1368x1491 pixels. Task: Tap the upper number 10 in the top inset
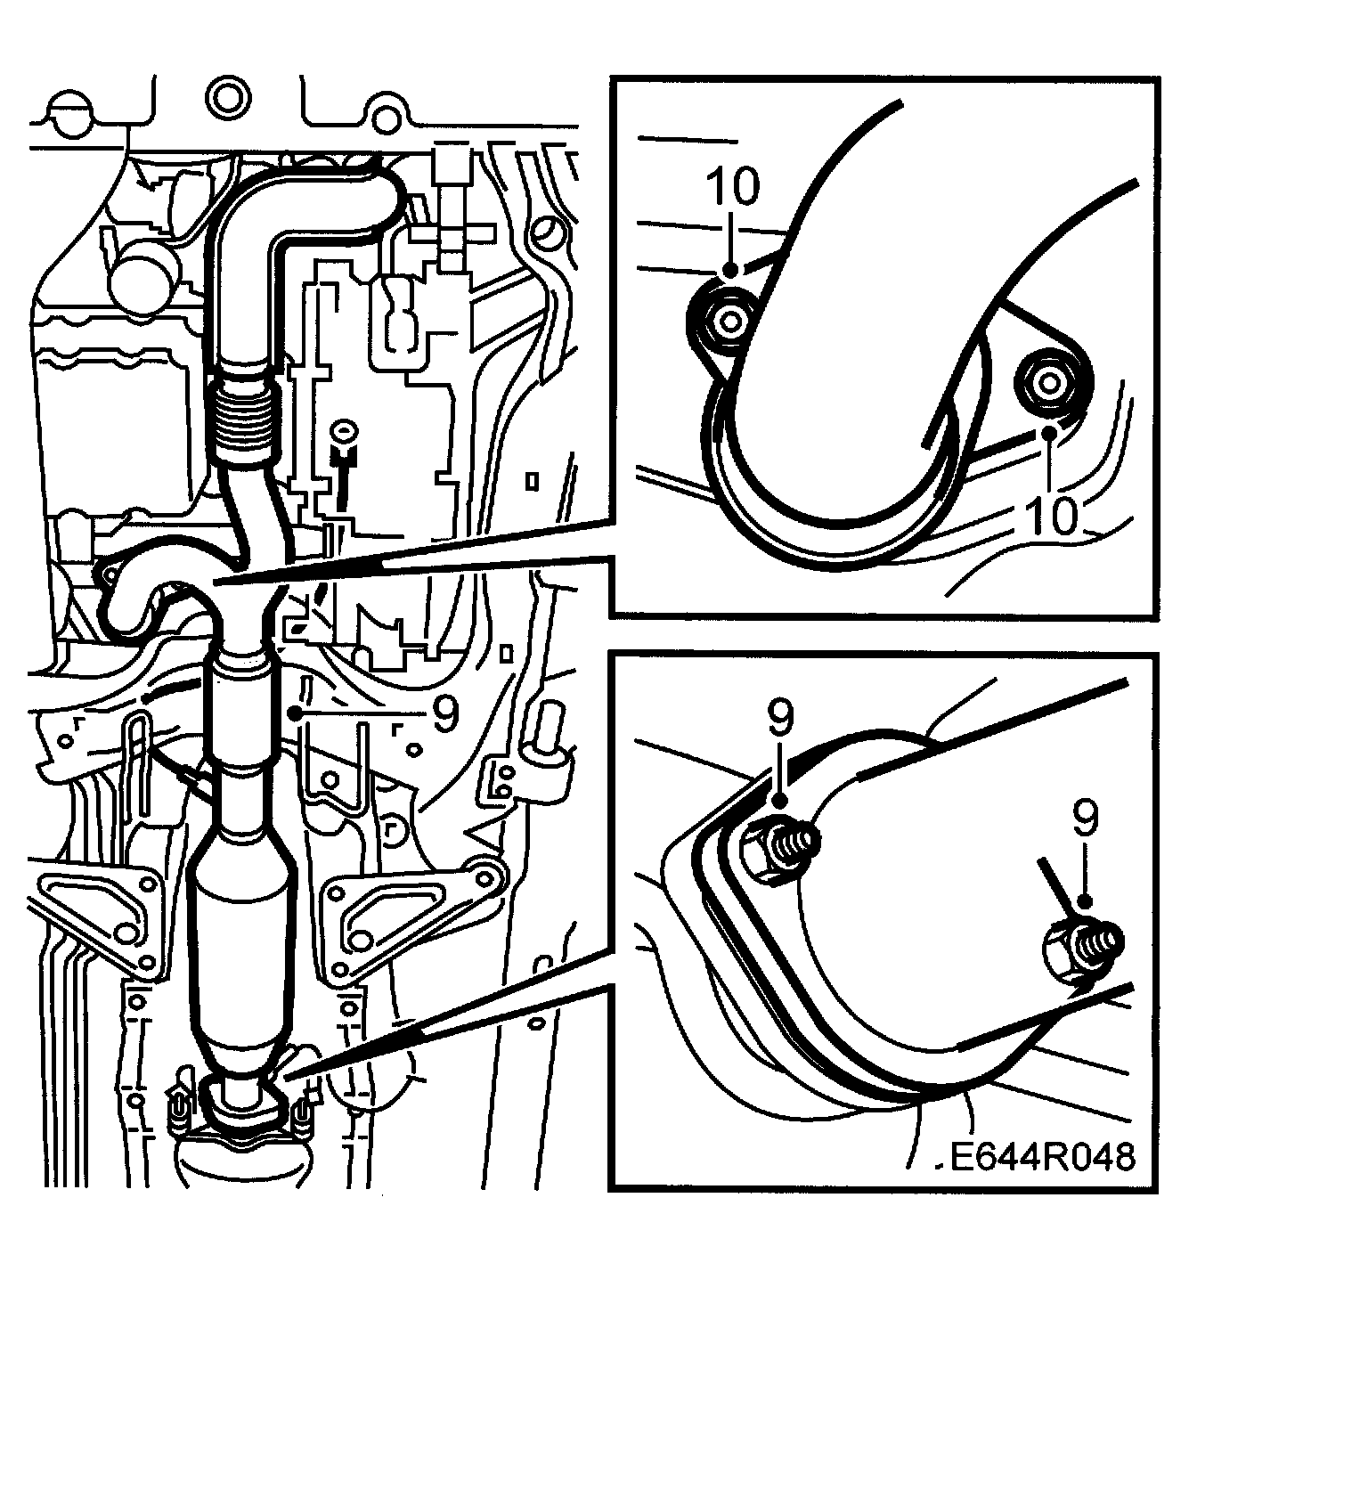coord(734,187)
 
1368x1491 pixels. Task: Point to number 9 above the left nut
coord(780,718)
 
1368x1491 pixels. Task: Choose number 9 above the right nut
coord(1086,819)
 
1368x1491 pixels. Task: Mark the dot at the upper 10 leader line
coord(731,268)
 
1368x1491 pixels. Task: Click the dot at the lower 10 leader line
coord(1051,433)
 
